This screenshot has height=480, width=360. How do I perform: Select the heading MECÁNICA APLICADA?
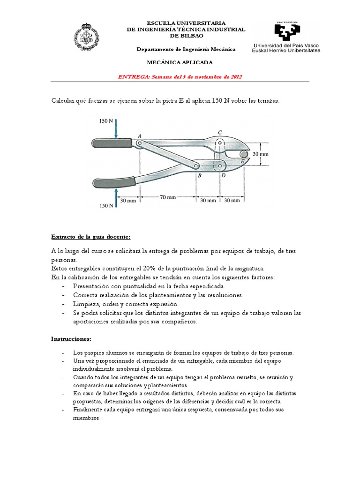pos(180,62)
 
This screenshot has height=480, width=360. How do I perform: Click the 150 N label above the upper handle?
pos(106,120)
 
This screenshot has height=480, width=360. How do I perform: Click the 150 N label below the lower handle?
pos(106,206)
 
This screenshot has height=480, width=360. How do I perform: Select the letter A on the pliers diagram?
pos(139,136)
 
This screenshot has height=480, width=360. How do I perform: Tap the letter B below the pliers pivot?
pos(200,175)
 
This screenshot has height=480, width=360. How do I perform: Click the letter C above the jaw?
pos(220,132)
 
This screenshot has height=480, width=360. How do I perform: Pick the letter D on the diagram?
pos(223,175)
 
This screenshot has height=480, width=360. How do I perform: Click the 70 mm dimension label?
pos(167,198)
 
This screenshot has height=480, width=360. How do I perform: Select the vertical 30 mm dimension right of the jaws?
pos(261,153)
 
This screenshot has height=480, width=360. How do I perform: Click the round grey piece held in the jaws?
pos(243,154)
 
